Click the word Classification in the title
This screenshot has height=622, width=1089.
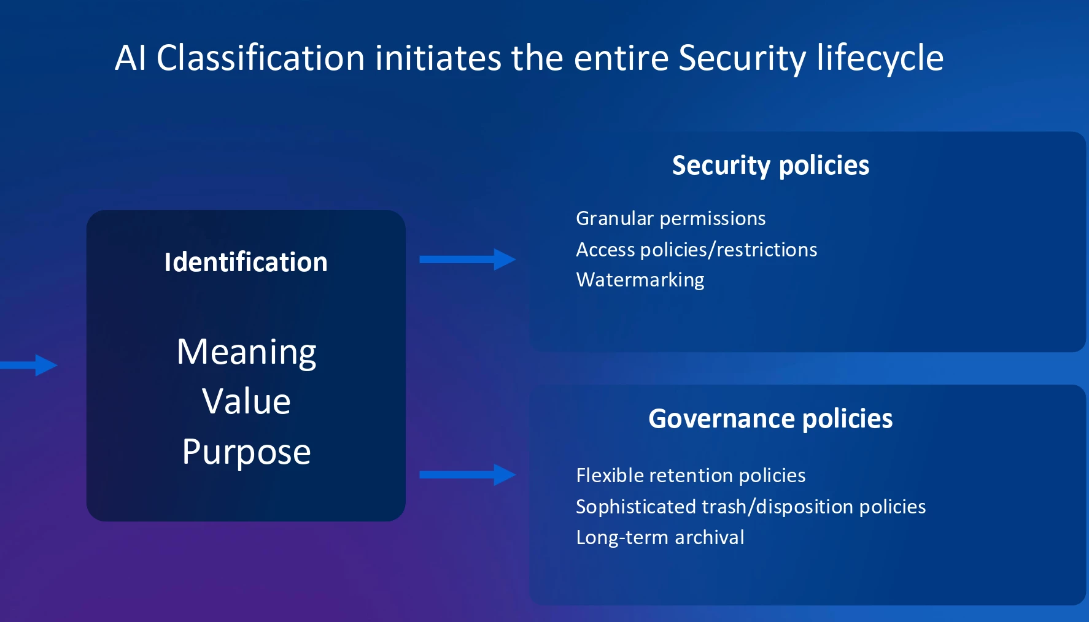pos(261,58)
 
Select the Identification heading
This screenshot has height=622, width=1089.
pos(246,262)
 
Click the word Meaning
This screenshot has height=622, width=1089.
pos(246,353)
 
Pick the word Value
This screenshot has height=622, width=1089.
pos(246,401)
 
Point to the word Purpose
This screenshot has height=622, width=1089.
pos(246,453)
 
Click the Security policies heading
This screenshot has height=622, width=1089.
pos(770,166)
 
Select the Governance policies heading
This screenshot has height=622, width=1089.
pos(770,419)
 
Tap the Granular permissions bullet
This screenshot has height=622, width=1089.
pos(671,219)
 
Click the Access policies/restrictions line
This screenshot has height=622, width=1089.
pos(697,250)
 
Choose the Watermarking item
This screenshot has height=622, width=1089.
pos(640,280)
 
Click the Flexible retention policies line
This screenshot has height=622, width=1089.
pos(691,476)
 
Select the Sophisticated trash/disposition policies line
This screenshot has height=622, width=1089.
pos(751,507)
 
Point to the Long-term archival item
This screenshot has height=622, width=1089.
pos(660,538)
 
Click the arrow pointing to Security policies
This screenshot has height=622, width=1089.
pos(467,259)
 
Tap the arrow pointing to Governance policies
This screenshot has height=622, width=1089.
pos(467,475)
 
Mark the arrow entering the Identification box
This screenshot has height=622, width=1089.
pos(29,365)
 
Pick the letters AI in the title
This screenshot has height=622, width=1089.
pos(131,58)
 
